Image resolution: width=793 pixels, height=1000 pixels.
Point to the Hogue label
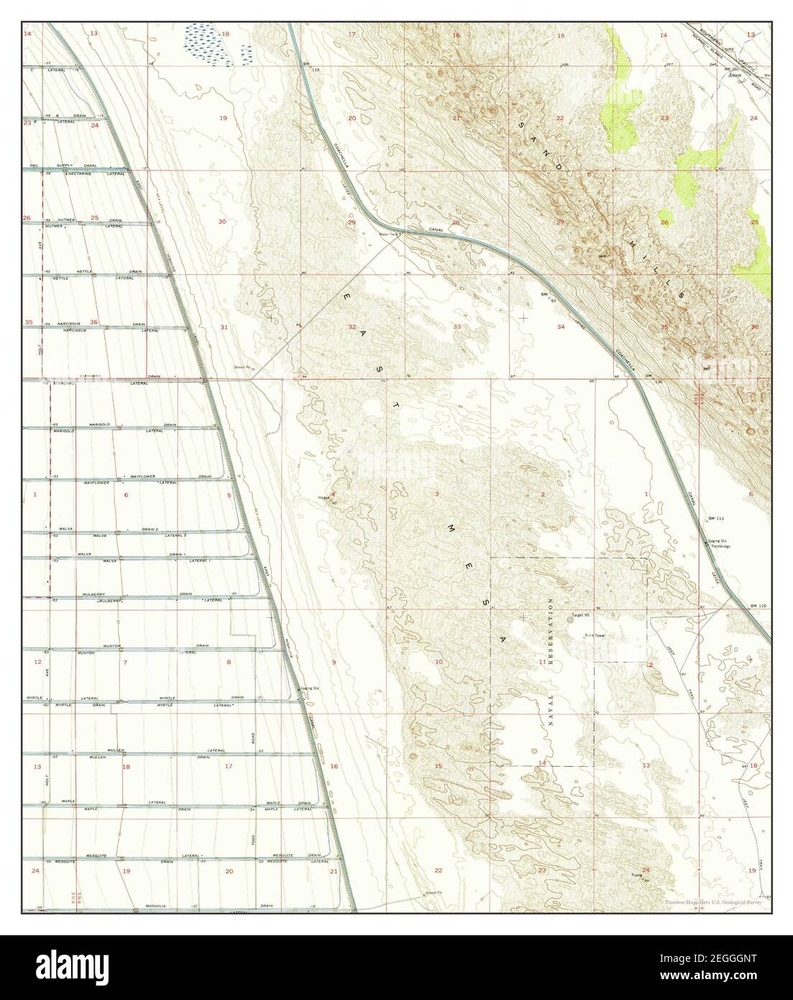tap(324, 497)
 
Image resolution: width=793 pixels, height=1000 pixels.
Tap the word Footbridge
tap(720, 547)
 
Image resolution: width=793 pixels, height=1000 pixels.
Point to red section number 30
tap(222, 222)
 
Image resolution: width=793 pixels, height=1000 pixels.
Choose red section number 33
tap(457, 327)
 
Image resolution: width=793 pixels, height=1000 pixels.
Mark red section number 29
tap(352, 222)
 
